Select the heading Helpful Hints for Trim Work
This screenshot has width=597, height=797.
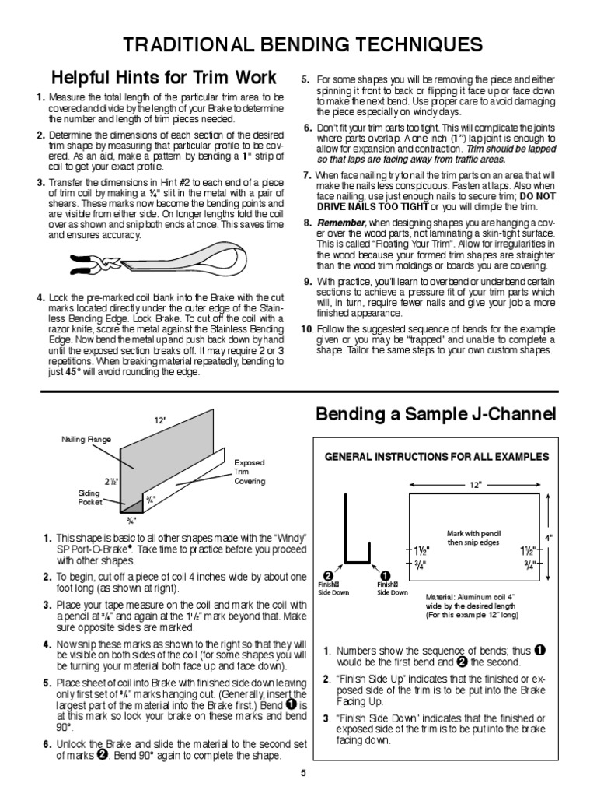164,78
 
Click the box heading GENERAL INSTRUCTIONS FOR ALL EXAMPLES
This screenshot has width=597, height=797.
437,456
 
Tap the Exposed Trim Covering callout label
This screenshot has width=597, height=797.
250,472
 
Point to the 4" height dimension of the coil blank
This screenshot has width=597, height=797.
549,537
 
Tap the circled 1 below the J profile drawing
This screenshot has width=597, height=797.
382,574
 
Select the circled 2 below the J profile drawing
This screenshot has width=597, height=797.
328,574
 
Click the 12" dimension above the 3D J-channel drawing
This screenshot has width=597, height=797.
161,420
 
